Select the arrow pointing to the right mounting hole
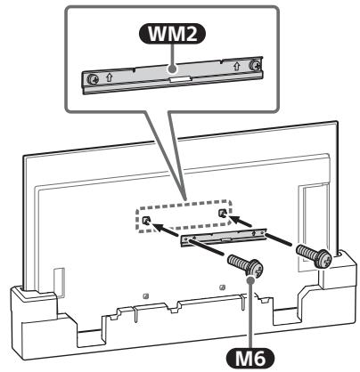coord(246,218)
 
